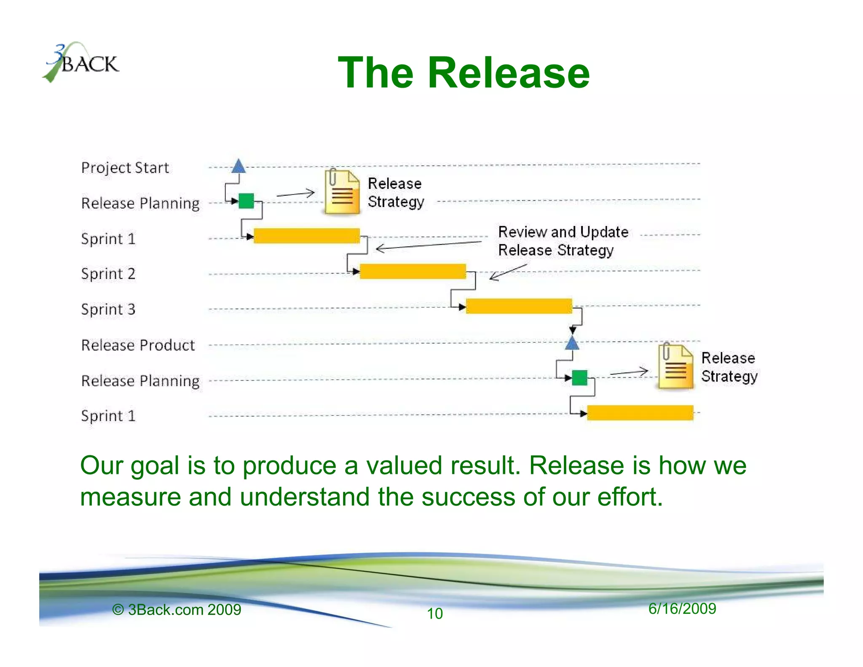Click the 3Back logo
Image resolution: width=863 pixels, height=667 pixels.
coord(82,62)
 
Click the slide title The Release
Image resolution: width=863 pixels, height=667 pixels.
coord(464,73)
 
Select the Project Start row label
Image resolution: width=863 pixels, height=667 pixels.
coord(125,168)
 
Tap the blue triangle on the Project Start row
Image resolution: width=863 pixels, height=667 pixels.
coord(239,167)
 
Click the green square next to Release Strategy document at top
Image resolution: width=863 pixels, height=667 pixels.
coord(246,201)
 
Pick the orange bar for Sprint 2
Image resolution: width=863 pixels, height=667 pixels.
coord(413,272)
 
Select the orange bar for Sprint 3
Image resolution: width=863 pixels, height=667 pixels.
coord(519,306)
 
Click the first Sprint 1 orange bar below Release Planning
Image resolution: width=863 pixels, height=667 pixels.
coord(306,236)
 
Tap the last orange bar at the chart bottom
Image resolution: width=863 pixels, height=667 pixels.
coord(640,413)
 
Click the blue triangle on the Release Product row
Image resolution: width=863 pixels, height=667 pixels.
coord(572,343)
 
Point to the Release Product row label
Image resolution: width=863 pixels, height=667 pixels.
coord(138,345)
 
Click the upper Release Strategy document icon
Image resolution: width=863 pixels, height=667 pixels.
coord(342,192)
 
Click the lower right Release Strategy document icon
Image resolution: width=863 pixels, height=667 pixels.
coord(675,366)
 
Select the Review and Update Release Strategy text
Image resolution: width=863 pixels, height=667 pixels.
coord(563,241)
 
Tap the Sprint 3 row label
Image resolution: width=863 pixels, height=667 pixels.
coord(108,309)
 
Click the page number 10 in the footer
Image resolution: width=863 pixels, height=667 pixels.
coord(434,613)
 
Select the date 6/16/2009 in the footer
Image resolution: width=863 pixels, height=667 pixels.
coord(682,608)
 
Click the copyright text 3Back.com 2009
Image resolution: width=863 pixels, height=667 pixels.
coord(177,610)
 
